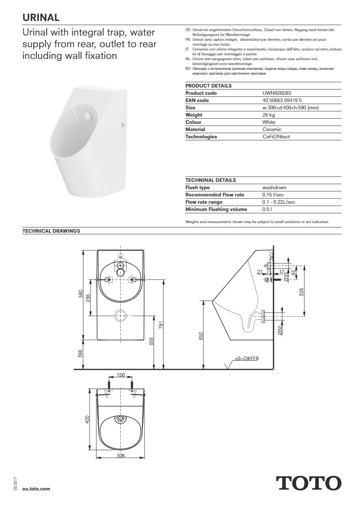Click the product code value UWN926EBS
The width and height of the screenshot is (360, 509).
276,93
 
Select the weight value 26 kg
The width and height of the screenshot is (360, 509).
268,115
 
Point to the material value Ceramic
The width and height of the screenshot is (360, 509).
272,129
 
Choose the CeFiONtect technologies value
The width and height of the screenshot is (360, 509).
276,137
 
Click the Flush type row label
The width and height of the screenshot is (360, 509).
197,188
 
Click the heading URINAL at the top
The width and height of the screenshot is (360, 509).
41,17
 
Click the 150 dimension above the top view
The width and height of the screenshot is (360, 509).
121,375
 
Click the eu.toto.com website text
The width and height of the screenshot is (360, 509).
37,488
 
